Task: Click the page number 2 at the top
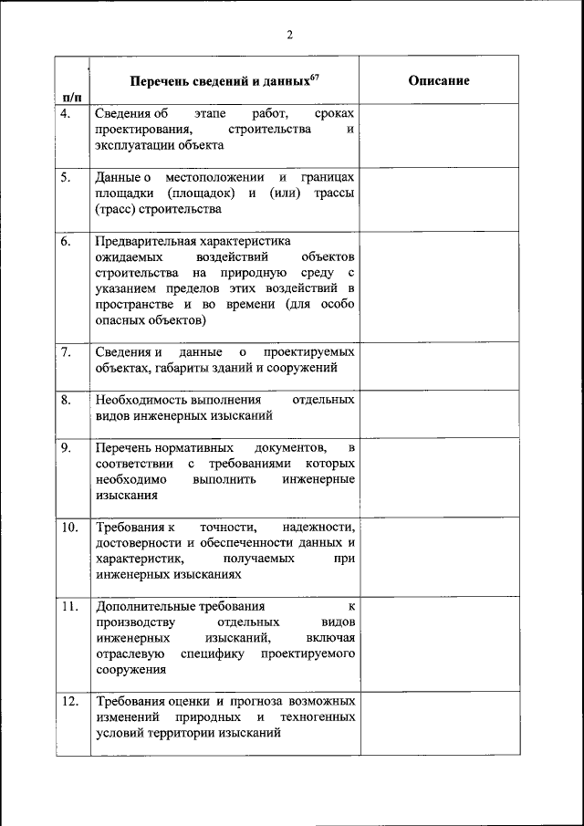(x=290, y=36)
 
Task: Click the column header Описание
(x=439, y=80)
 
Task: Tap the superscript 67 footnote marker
(x=314, y=77)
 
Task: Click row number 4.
(x=66, y=114)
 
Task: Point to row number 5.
(x=66, y=177)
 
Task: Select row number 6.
(x=66, y=241)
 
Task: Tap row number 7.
(x=66, y=351)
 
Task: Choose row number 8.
(x=66, y=400)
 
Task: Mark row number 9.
(x=66, y=448)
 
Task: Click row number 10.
(x=68, y=528)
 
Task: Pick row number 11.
(x=68, y=606)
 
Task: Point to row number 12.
(x=68, y=701)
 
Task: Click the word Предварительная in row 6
(x=145, y=241)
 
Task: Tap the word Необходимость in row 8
(x=141, y=400)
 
